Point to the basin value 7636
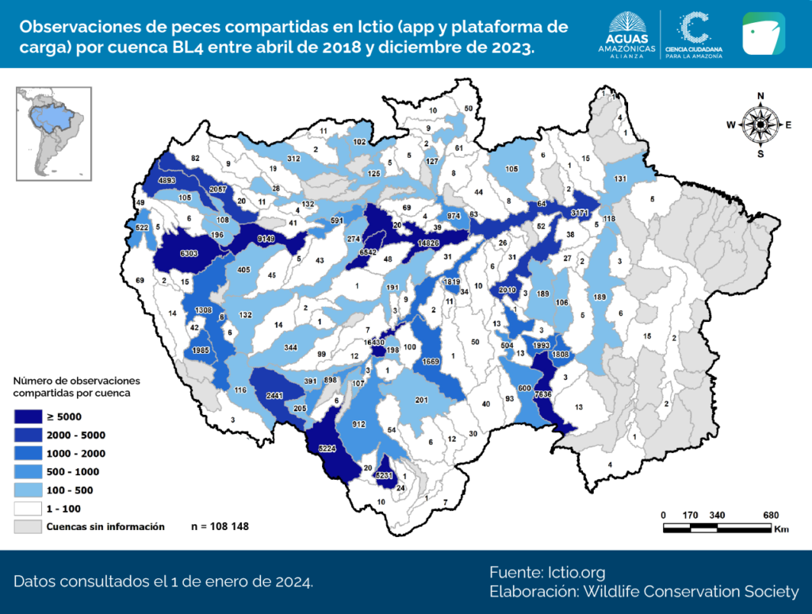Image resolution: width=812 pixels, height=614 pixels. click(x=543, y=394)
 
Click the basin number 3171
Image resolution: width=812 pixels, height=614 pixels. click(x=580, y=213)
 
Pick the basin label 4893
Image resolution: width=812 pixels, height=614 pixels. click(x=167, y=180)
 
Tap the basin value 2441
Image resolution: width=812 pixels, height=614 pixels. click(x=274, y=394)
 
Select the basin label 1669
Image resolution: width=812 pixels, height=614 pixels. click(x=431, y=362)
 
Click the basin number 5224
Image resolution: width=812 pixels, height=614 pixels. click(x=327, y=449)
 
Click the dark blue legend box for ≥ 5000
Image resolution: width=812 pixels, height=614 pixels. click(x=27, y=416)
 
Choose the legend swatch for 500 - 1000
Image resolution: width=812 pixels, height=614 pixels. click(x=27, y=472)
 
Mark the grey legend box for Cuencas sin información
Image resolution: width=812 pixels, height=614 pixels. click(x=27, y=526)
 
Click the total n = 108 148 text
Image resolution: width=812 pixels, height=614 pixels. click(x=220, y=526)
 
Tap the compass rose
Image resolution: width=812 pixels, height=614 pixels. click(x=760, y=125)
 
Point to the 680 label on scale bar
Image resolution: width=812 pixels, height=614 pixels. click(x=770, y=515)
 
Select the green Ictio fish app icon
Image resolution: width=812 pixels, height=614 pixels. click(x=764, y=33)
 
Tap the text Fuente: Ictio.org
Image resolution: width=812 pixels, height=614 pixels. click(x=547, y=573)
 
